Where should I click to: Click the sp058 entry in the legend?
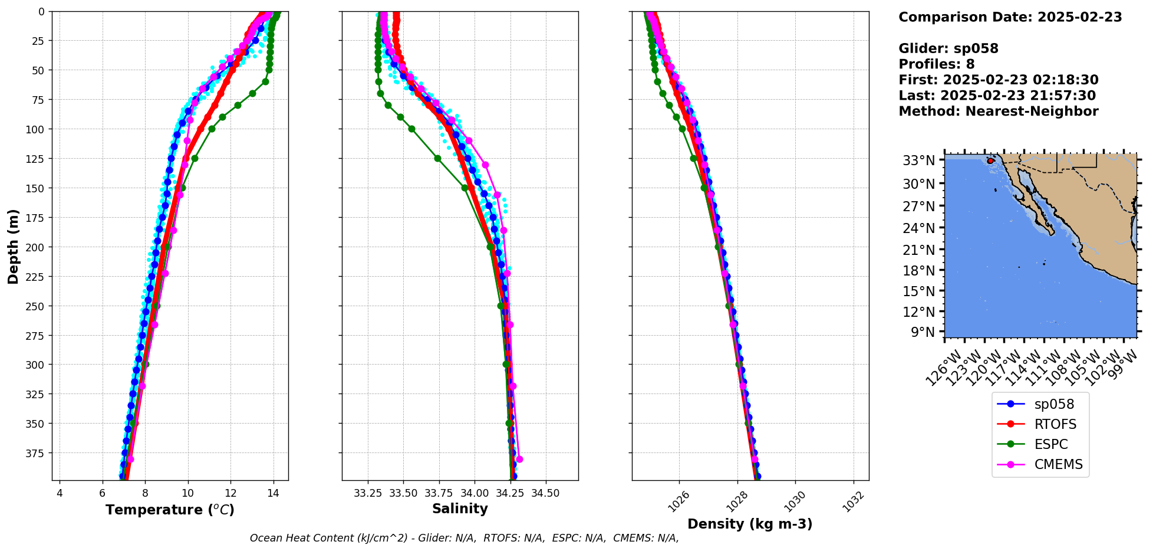pyautogui.click(x=1040, y=404)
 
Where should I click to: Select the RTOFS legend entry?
pyautogui.click(x=1040, y=424)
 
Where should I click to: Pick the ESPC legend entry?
pyautogui.click(x=1040, y=444)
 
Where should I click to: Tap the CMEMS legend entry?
pyautogui.click(x=1040, y=464)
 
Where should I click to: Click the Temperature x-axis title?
pyautogui.click(x=170, y=510)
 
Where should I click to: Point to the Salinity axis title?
pyautogui.click(x=460, y=509)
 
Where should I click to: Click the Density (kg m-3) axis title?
pyautogui.click(x=750, y=524)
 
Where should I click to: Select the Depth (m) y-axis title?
pyautogui.click(x=14, y=246)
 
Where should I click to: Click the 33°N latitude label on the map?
pyautogui.click(x=918, y=160)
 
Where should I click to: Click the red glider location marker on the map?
pyautogui.click(x=990, y=160)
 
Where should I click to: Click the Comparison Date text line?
pyautogui.click(x=1010, y=17)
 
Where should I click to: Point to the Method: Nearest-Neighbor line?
pyautogui.click(x=998, y=111)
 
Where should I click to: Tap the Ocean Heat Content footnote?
pyautogui.click(x=464, y=538)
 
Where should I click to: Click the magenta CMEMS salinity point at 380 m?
pyautogui.click(x=519, y=459)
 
